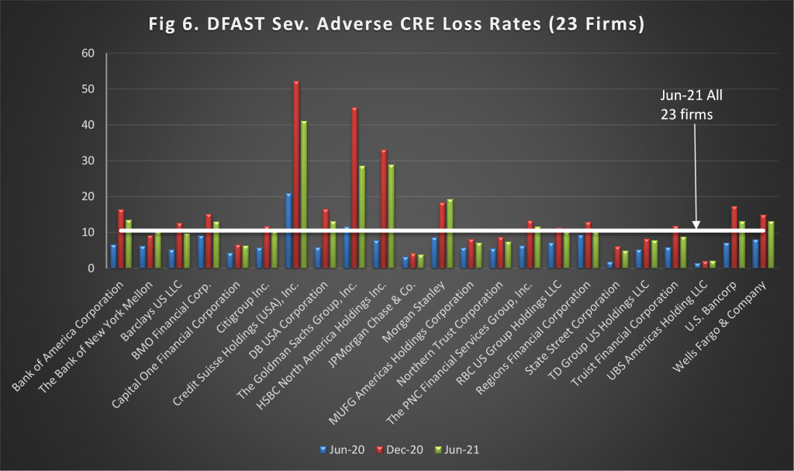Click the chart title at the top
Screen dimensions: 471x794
[397, 24]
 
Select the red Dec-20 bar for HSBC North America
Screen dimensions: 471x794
[384, 209]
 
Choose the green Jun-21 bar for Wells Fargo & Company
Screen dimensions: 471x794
[771, 244]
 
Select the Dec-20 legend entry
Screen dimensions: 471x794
[398, 449]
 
